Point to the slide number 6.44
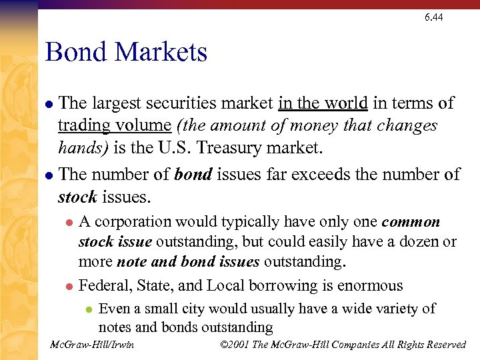[433, 17]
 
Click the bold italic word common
[411, 222]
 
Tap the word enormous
[370, 285]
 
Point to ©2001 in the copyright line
[234, 345]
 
